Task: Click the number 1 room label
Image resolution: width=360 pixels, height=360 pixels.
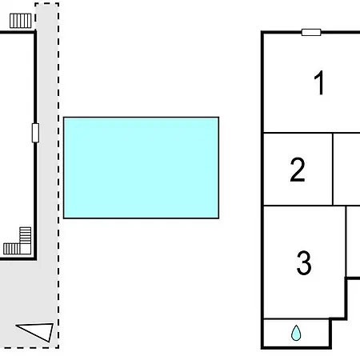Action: pyautogui.click(x=319, y=82)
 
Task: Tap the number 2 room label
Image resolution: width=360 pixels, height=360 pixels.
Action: pyautogui.click(x=298, y=170)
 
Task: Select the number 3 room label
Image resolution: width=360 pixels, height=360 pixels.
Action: pyautogui.click(x=304, y=263)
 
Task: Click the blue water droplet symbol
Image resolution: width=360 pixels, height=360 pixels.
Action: pyautogui.click(x=296, y=333)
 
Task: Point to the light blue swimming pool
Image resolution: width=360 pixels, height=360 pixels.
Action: pyautogui.click(x=141, y=168)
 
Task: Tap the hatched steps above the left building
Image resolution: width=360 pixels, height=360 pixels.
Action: pyautogui.click(x=21, y=21)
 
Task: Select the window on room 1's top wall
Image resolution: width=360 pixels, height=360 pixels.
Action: pyautogui.click(x=311, y=32)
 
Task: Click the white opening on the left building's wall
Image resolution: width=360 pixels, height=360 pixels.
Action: pyautogui.click(x=35, y=133)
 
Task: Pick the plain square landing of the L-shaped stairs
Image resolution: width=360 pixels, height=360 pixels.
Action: pyautogui.click(x=26, y=249)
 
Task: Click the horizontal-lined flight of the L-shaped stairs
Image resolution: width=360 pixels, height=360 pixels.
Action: pyautogui.click(x=26, y=235)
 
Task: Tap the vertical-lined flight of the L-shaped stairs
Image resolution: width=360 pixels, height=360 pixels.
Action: pyautogui.click(x=12, y=249)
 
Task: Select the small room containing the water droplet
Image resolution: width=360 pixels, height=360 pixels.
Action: pyautogui.click(x=296, y=333)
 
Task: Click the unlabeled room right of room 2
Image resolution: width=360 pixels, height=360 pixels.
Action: pyautogui.click(x=346, y=169)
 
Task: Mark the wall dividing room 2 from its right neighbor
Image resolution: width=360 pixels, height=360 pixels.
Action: pyautogui.click(x=333, y=169)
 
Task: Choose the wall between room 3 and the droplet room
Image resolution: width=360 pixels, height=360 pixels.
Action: pyautogui.click(x=297, y=318)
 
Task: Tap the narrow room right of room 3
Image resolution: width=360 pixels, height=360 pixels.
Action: pyautogui.click(x=354, y=242)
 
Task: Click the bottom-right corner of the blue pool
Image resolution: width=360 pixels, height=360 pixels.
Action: pyautogui.click(x=218, y=218)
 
